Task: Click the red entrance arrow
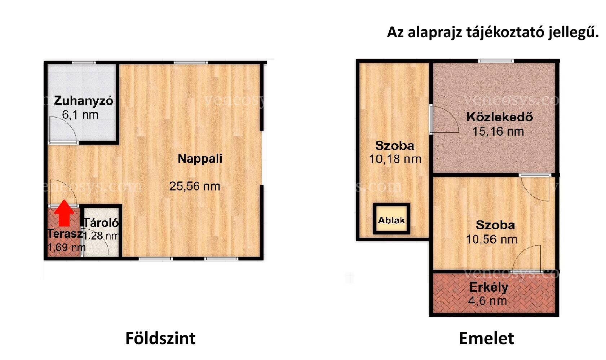coord(64,213)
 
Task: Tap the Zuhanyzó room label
coord(84,101)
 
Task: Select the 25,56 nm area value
coord(195,186)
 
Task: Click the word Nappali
coord(200,159)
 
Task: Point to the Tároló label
coord(101,223)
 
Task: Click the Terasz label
coord(65,234)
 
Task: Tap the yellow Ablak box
coord(391,219)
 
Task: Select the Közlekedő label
coord(500,117)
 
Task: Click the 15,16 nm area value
coord(498,132)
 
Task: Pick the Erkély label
coord(489,287)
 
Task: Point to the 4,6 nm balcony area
coord(487,301)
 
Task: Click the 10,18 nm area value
coord(395,159)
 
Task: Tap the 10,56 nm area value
coord(492,240)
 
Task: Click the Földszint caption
coord(160,338)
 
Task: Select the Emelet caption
coord(486,338)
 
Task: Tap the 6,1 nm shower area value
coord(80,115)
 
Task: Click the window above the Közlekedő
coord(496,61)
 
